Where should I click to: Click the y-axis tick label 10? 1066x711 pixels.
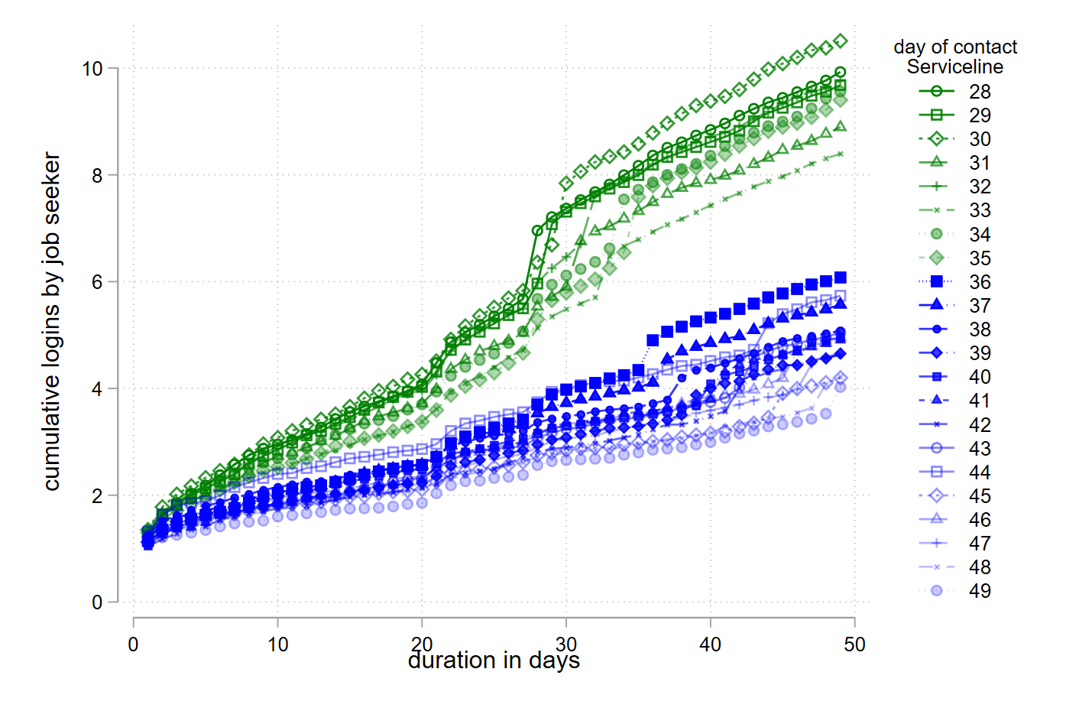pos(92,69)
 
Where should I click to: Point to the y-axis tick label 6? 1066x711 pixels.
pos(97,282)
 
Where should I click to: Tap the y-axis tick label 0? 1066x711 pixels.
pos(97,602)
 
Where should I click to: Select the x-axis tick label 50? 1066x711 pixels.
pos(854,644)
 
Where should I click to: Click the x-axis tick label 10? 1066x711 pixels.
pos(277,644)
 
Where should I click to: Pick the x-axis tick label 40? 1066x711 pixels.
pos(710,644)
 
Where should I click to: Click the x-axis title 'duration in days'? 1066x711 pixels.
pos(494,661)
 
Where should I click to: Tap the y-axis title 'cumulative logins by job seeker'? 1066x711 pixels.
pos(51,321)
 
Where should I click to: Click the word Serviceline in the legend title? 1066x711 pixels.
pos(954,67)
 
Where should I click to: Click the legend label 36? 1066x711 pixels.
pos(980,282)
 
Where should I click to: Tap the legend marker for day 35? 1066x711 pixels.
pos(936,258)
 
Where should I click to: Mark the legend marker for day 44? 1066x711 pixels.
pos(936,472)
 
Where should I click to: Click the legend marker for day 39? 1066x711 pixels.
pos(936,353)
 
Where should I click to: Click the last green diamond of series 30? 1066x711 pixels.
pos(841,41)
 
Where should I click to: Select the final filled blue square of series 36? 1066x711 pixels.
pos(841,278)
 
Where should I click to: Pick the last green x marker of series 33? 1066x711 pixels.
pos(841,154)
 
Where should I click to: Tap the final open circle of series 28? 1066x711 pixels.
pos(841,72)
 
